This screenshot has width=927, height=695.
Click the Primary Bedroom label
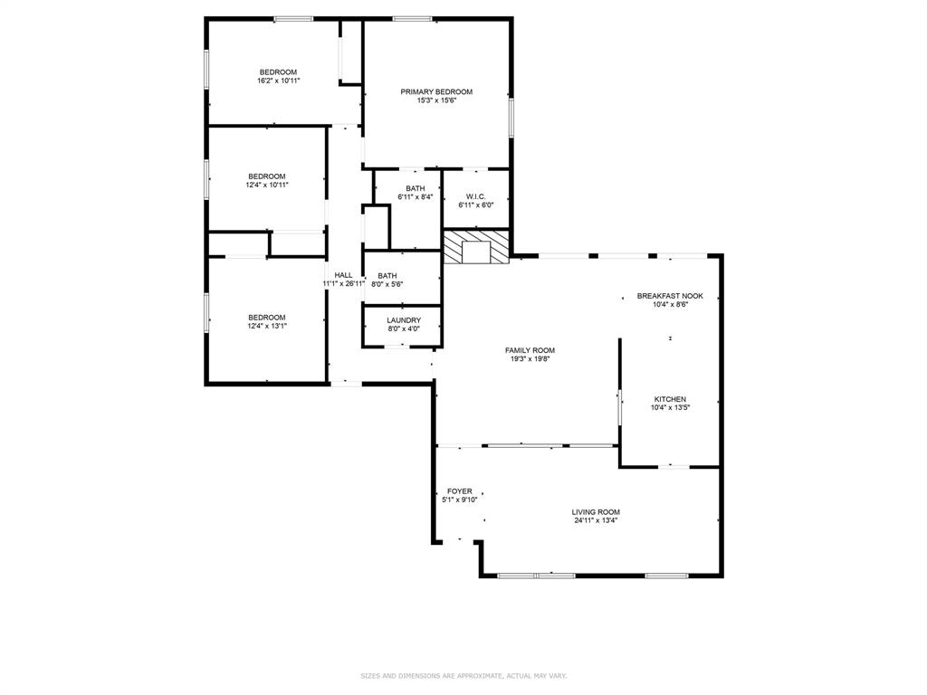(436, 91)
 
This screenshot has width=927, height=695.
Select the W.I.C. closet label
(475, 196)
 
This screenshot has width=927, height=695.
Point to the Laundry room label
(403, 320)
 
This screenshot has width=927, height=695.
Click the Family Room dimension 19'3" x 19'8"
(530, 359)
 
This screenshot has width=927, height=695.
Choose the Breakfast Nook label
(669, 296)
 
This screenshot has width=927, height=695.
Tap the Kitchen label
(670, 399)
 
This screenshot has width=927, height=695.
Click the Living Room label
(597, 512)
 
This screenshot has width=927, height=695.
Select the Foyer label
(459, 491)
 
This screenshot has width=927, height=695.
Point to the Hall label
(343, 275)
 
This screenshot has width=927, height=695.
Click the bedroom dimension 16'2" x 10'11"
(278, 81)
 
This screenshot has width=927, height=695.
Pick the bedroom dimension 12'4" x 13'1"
(267, 326)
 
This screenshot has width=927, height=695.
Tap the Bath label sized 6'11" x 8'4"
(415, 188)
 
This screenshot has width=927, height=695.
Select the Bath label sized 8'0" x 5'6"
(387, 276)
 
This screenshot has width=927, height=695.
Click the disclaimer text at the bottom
(463, 676)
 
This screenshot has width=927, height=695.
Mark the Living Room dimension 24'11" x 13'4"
(597, 520)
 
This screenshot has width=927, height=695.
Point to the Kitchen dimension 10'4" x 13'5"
(670, 407)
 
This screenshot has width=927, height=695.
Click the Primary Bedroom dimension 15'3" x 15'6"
(436, 100)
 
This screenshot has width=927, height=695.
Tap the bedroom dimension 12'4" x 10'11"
(267, 185)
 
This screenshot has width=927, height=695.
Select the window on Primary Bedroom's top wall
(411, 18)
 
